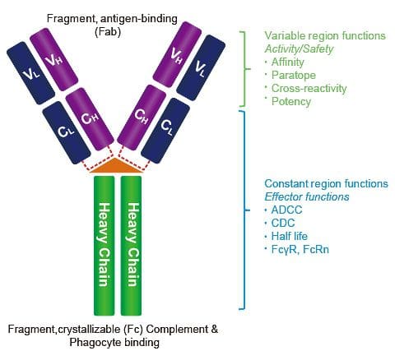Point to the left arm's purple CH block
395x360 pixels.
tap(92, 119)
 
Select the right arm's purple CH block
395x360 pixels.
tap(141, 119)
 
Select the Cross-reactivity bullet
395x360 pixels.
tap(306, 88)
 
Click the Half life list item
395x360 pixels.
tap(290, 237)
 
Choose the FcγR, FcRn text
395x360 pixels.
tap(300, 250)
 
